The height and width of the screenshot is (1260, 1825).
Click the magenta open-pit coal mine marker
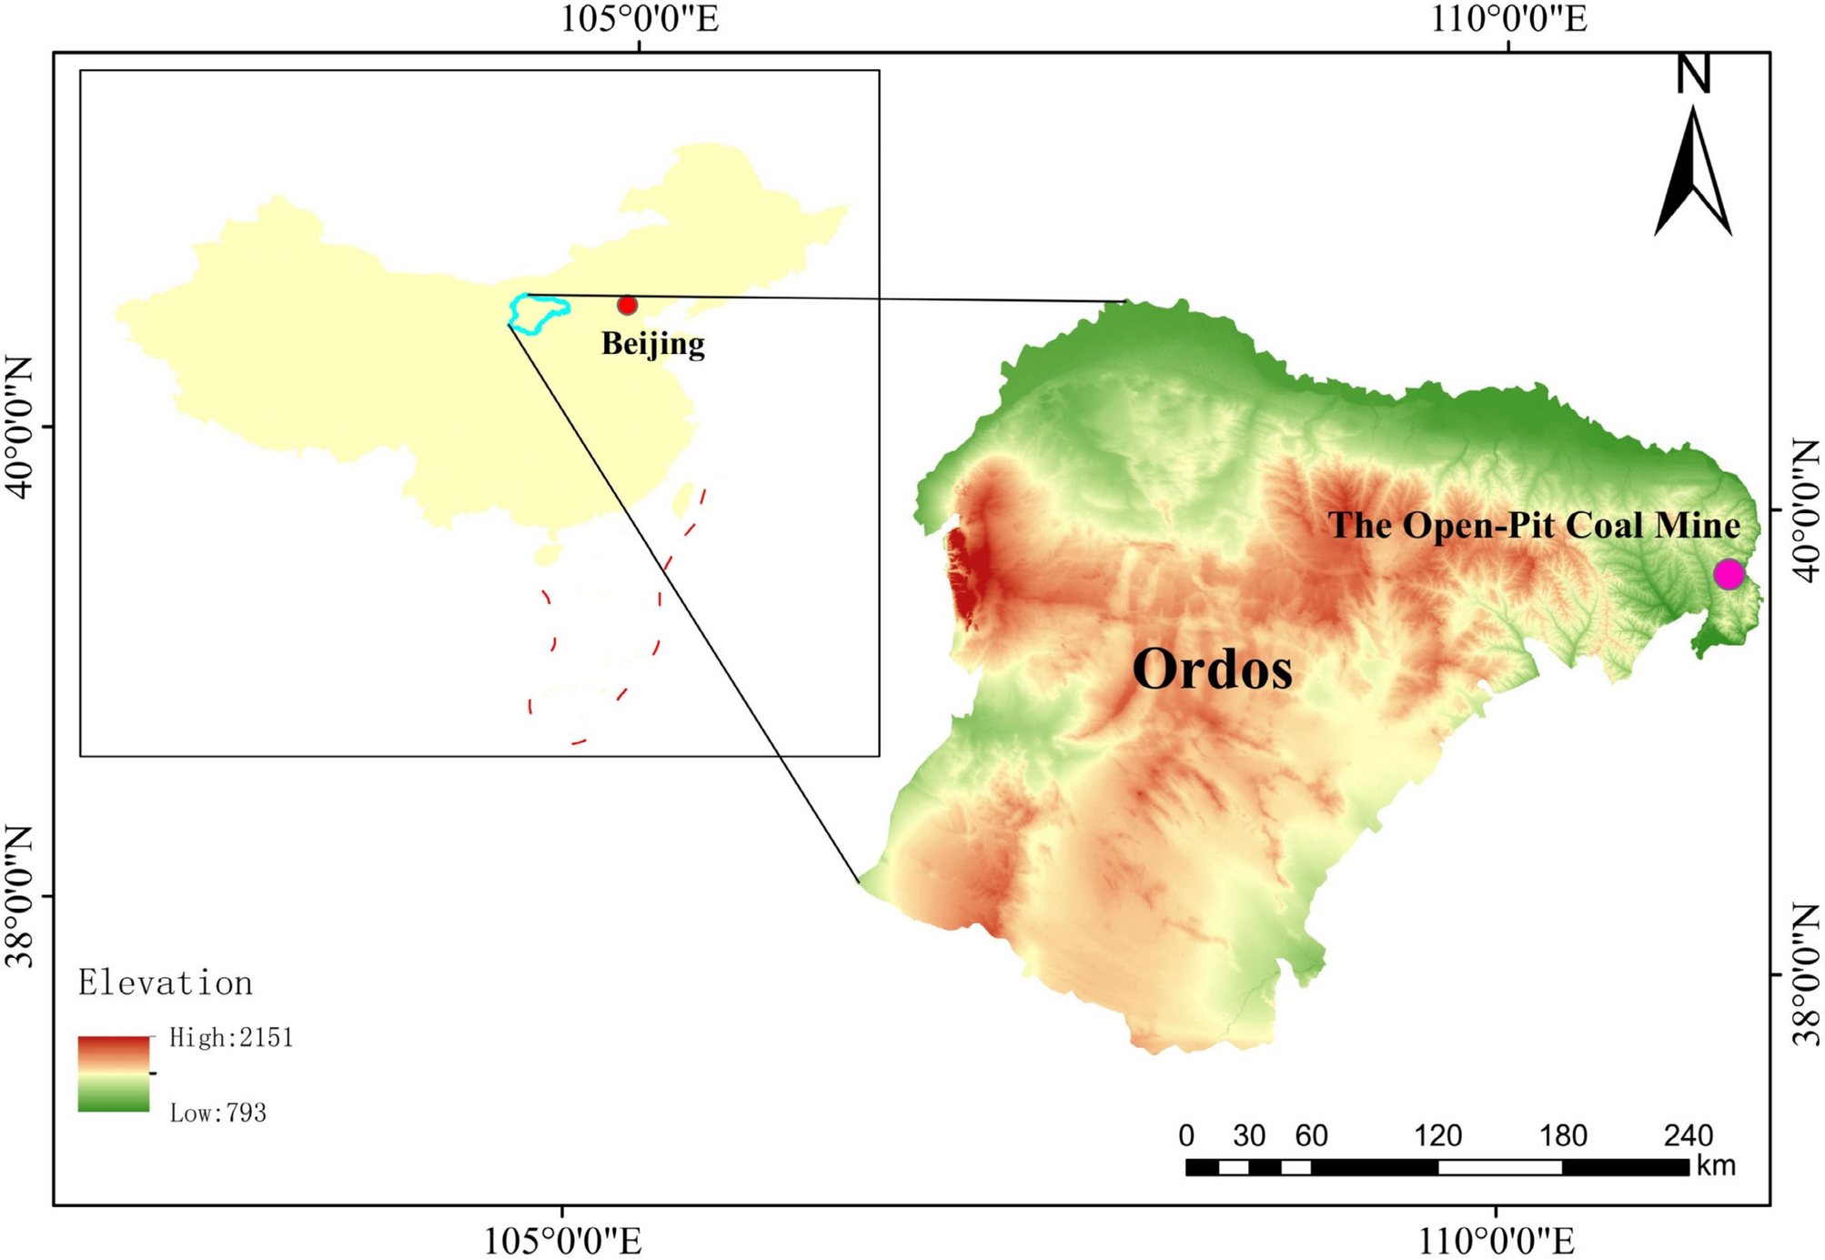[1728, 574]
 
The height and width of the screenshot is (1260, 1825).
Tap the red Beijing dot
[627, 305]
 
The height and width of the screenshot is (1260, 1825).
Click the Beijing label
[652, 344]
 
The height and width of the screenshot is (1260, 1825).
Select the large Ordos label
[1212, 670]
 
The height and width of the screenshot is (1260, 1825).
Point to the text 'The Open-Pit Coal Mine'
[1534, 526]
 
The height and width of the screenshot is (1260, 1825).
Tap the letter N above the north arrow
[1694, 74]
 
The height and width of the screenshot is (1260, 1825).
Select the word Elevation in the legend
[166, 983]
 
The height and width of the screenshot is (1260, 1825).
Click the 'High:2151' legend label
[231, 1038]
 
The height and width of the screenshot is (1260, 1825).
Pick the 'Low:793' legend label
[217, 1113]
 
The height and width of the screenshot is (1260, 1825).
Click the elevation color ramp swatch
[114, 1074]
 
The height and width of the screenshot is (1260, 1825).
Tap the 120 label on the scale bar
[1437, 1135]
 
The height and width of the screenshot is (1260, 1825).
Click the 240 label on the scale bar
[1689, 1135]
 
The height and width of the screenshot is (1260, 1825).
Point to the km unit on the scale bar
[1716, 1165]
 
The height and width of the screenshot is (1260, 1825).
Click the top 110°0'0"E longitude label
[1509, 18]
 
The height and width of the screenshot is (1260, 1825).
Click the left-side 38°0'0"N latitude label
[20, 896]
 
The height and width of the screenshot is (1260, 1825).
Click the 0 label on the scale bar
[1186, 1135]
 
